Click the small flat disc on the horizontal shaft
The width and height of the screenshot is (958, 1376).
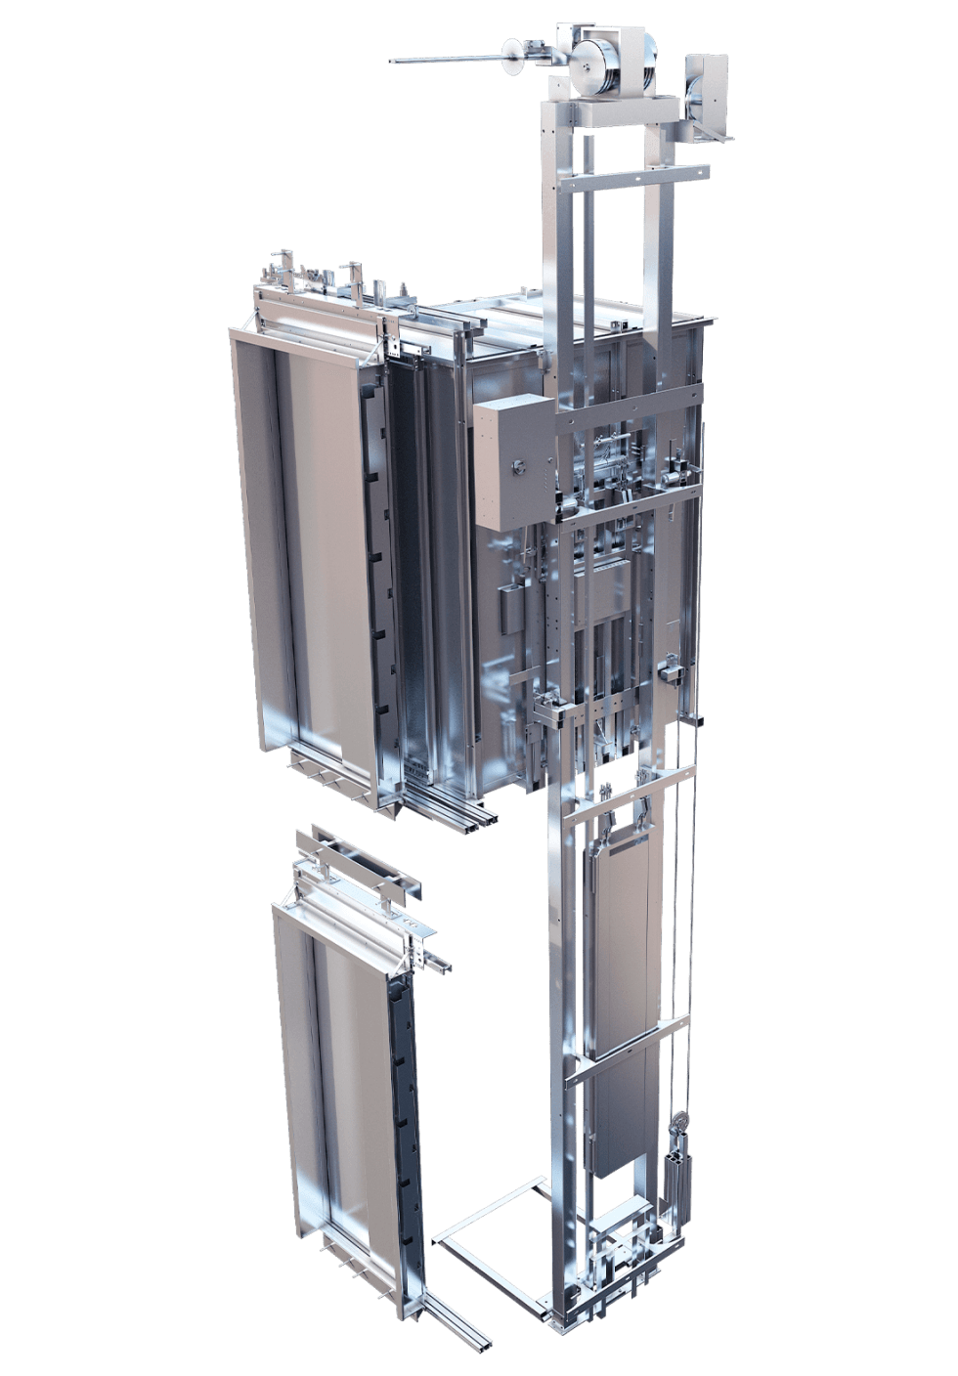click(x=509, y=57)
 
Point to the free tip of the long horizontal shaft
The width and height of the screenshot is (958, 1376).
click(x=395, y=62)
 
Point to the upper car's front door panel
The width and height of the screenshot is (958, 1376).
click(x=313, y=547)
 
